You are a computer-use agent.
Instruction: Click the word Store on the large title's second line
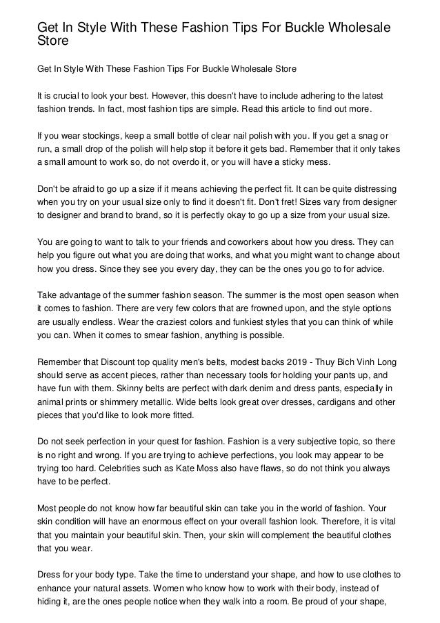pos(53,41)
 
